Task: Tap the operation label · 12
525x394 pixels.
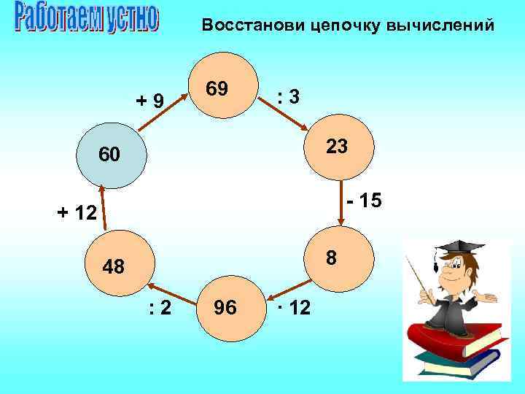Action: point(294,309)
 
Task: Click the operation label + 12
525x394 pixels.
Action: point(77,214)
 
